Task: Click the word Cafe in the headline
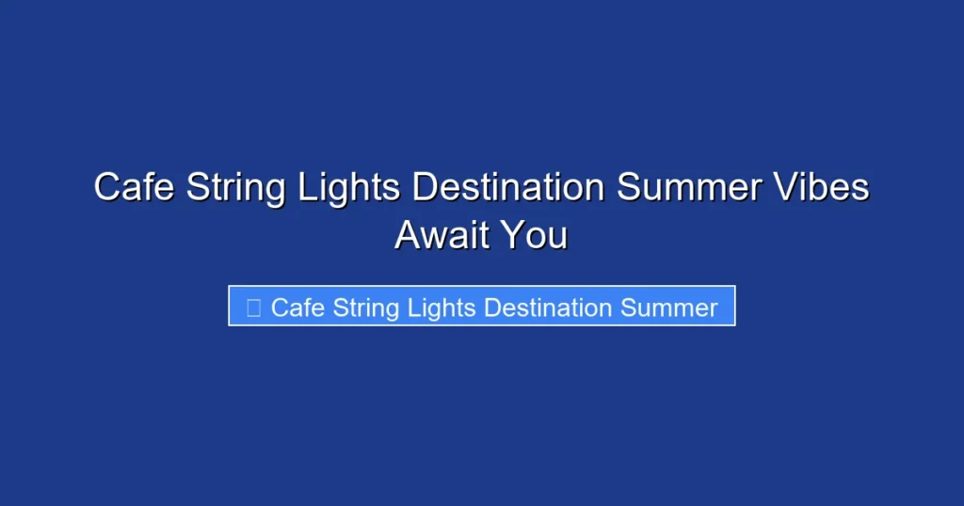[x=135, y=187]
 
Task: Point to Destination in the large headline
[x=508, y=187]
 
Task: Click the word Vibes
[x=820, y=187]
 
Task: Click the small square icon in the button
[x=253, y=308]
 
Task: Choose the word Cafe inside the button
[x=298, y=308]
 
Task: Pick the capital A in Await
[x=408, y=234]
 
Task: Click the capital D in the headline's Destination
[x=426, y=187]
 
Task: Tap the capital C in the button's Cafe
[x=280, y=308]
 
